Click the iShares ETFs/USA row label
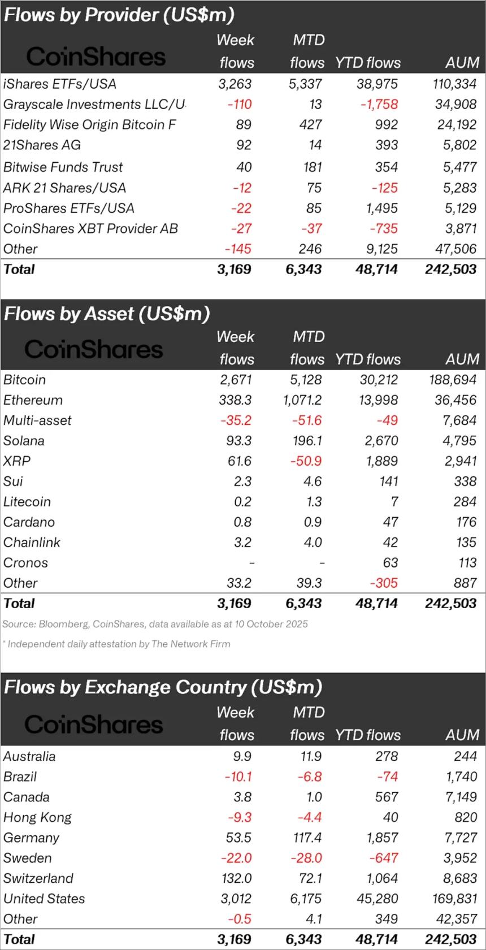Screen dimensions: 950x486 (59, 84)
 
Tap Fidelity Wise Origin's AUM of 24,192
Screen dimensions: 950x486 (457, 125)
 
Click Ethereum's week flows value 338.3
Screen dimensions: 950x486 (235, 400)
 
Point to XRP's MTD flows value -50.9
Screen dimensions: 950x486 (306, 461)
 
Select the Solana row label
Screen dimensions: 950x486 (24, 441)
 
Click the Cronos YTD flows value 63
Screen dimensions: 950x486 (390, 563)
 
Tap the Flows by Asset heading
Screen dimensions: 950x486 (106, 314)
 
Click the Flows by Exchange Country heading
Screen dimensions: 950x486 (163, 687)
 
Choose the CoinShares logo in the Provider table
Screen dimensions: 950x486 (96, 57)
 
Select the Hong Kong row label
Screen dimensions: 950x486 (37, 817)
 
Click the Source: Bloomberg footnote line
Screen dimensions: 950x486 (155, 624)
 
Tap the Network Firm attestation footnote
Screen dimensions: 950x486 (116, 644)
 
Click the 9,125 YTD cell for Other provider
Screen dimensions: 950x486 (381, 249)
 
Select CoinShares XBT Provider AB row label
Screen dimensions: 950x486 (90, 229)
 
